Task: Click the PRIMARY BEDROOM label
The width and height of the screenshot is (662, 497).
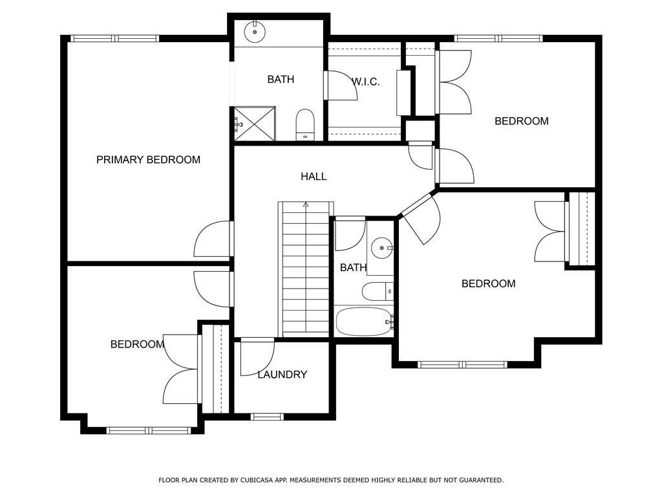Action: click(x=148, y=160)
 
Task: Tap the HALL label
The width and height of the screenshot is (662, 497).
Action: click(x=314, y=176)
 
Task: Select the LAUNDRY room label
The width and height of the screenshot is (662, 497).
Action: click(x=282, y=375)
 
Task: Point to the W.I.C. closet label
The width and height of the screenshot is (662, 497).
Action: click(x=366, y=82)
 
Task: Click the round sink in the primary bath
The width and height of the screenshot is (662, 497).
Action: click(x=255, y=32)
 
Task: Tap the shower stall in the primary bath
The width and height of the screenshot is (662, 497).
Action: click(x=255, y=124)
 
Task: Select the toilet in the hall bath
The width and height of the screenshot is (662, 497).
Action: click(x=378, y=292)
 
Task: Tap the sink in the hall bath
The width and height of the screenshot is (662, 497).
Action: click(x=382, y=248)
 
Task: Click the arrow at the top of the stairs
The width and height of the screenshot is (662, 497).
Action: click(x=306, y=205)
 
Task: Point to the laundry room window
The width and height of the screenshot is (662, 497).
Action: click(x=266, y=417)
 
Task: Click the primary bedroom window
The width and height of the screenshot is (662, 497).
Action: click(x=115, y=38)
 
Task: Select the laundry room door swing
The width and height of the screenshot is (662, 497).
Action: click(x=257, y=357)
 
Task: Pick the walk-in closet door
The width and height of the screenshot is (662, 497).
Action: click(x=340, y=85)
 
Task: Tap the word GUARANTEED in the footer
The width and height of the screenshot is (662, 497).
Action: click(x=481, y=480)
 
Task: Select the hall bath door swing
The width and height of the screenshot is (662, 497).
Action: click(x=350, y=234)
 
